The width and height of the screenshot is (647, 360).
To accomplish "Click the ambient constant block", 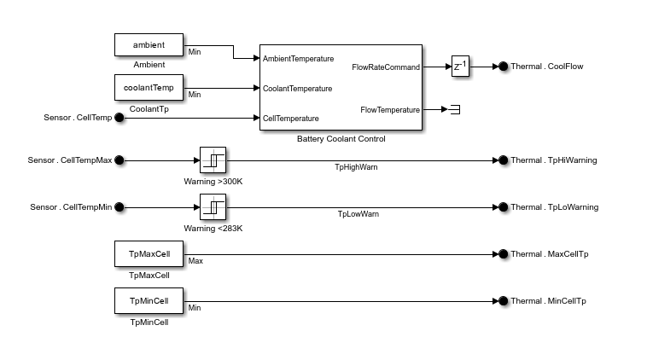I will tap(149, 45).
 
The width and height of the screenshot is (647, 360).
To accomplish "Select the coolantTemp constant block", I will tap(149, 87).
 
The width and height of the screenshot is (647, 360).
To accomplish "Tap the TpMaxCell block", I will tap(149, 253).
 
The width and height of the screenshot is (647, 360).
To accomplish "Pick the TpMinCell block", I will tap(149, 300).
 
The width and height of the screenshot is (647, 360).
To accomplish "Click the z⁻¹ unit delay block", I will tap(461, 67).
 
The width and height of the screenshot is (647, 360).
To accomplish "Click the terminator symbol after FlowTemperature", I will tap(455, 109).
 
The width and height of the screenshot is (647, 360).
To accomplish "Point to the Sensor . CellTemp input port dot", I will tap(119, 118).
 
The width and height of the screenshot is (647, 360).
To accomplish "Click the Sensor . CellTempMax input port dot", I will tap(119, 160).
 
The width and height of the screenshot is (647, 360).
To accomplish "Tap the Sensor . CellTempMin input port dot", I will tap(119, 206).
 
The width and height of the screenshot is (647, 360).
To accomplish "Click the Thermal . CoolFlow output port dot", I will tap(503, 67).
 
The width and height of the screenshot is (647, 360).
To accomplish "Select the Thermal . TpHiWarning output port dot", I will tap(503, 160).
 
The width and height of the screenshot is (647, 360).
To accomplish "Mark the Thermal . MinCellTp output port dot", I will tap(503, 300).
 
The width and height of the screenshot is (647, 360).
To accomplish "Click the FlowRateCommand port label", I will tap(386, 67).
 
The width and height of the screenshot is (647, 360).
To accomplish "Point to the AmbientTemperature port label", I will tap(298, 59).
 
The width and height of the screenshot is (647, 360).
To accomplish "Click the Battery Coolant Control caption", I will tap(341, 138).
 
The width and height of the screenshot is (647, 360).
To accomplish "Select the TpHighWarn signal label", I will tap(356, 167).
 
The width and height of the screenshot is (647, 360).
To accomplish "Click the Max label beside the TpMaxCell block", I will tap(195, 261).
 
